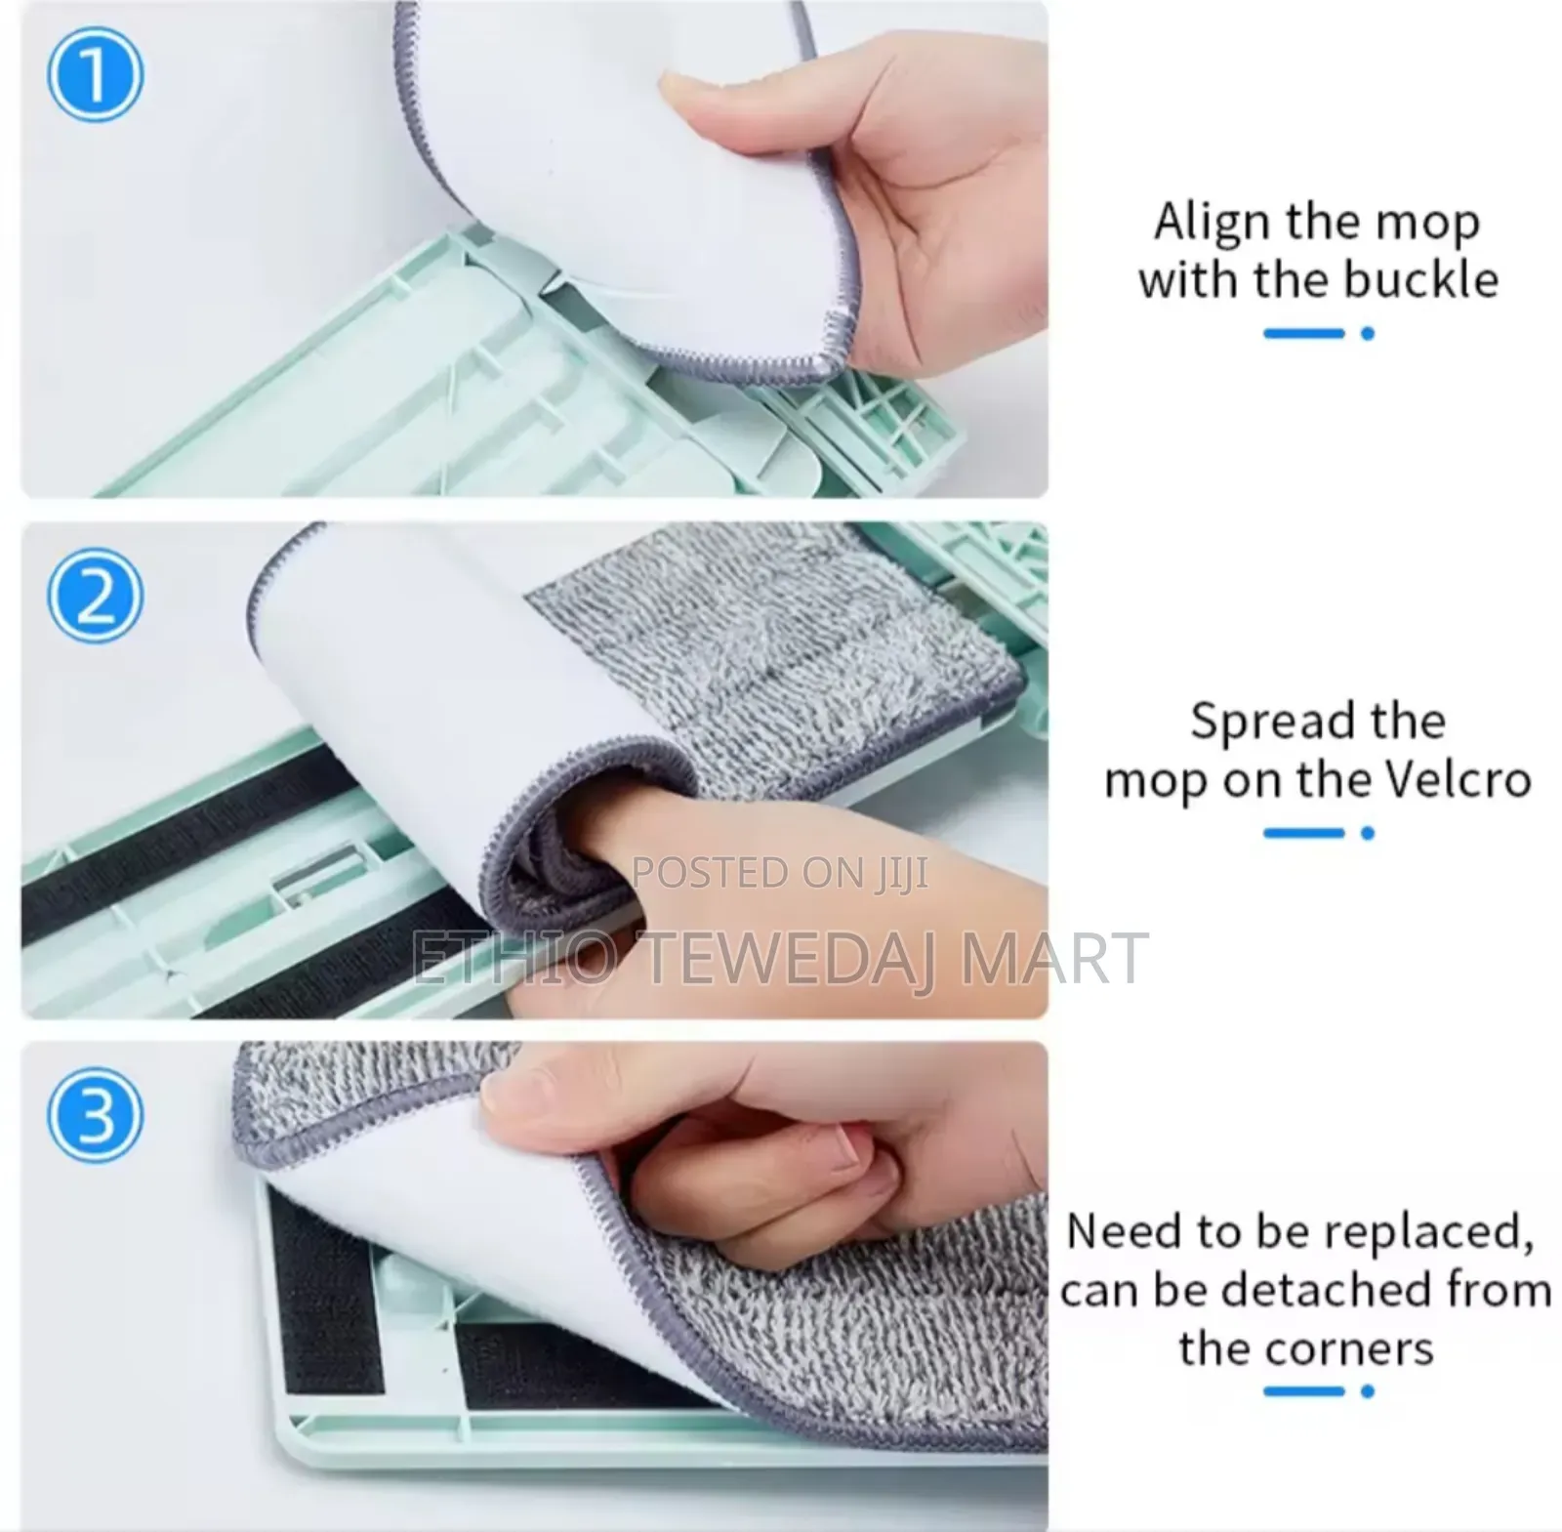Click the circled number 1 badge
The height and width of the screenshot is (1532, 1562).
[95, 75]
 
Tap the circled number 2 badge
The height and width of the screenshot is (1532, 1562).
[95, 595]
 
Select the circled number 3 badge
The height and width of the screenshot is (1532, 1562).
[95, 1114]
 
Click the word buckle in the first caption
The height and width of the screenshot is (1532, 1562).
[1420, 279]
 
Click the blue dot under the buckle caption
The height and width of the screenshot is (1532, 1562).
[1368, 334]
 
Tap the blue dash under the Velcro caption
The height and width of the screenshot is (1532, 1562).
[1303, 833]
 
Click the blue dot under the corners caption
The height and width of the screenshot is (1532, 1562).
[1368, 1391]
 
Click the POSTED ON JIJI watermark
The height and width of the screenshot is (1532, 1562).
[780, 873]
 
